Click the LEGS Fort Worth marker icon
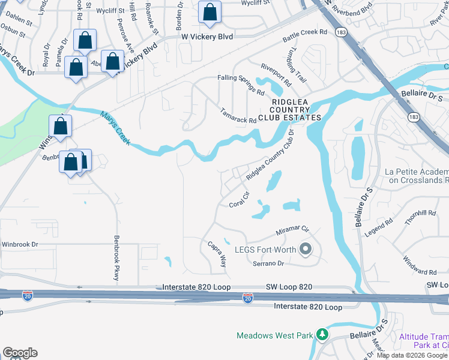click(306, 248)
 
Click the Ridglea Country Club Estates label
click(290, 110)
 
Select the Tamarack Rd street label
click(238, 116)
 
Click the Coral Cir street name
click(239, 200)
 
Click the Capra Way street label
click(217, 254)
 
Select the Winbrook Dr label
click(19, 245)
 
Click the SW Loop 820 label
click(284, 287)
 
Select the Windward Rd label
click(420, 263)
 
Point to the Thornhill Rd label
click(420, 221)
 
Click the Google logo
click(20, 353)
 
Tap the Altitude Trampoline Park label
click(423, 341)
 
